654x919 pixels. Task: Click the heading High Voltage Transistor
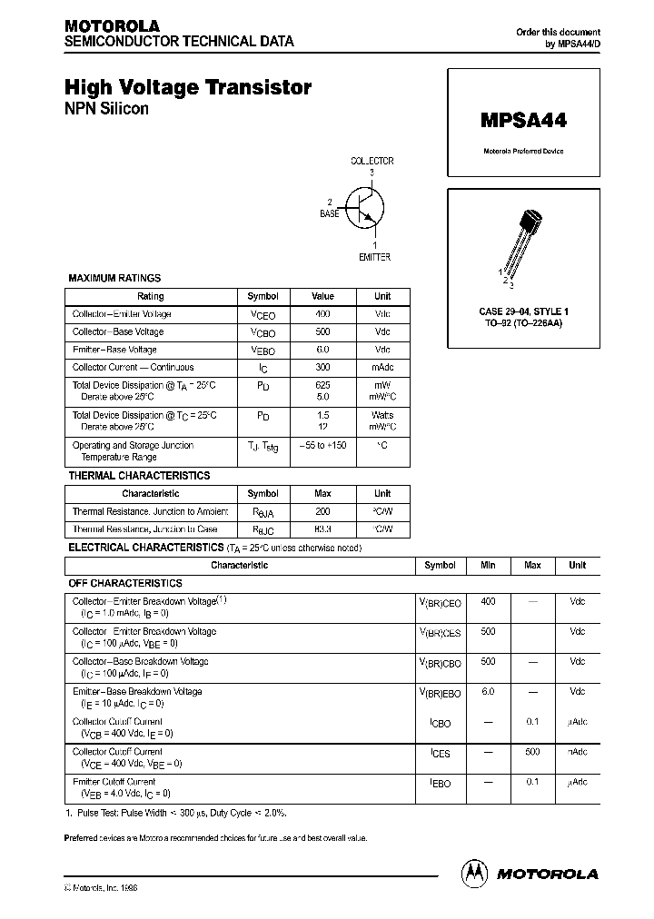[x=188, y=87]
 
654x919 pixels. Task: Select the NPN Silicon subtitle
[x=106, y=109]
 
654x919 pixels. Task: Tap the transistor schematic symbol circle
[x=368, y=206]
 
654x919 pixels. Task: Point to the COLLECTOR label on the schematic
[x=372, y=161]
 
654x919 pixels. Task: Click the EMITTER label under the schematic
[x=374, y=257]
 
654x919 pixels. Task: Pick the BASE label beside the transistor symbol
[x=329, y=213]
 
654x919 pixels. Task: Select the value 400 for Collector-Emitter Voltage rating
[x=322, y=313]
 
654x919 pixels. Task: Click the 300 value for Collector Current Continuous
[x=322, y=368]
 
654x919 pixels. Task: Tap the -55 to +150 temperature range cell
[x=322, y=446]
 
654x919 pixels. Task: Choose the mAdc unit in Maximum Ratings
[x=382, y=368]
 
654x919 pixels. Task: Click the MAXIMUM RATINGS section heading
[x=114, y=279]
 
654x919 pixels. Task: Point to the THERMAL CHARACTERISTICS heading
[x=139, y=476]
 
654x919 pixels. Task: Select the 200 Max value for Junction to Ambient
[x=322, y=512]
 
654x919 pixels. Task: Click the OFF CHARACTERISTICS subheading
[x=125, y=583]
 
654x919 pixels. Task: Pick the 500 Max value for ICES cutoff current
[x=532, y=752]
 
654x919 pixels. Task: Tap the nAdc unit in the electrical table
[x=578, y=752]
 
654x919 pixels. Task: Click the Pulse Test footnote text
[x=182, y=813]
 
